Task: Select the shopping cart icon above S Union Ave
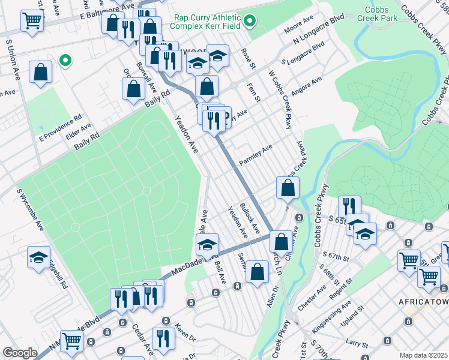32,21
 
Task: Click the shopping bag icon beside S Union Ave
40,73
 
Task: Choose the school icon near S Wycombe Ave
38,258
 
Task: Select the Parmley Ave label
256,155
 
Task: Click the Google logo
20,353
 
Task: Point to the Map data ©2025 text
423,355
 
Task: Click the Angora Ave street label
306,85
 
